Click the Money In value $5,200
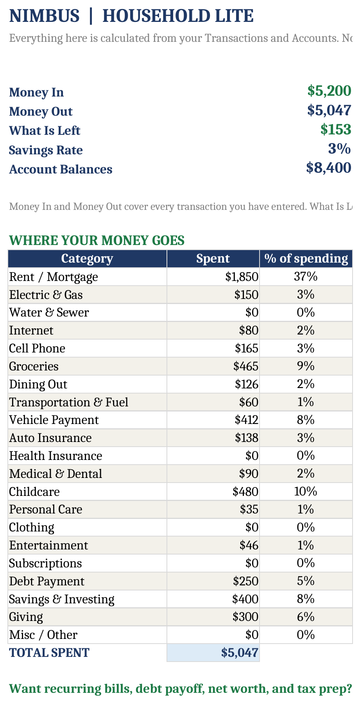(329, 91)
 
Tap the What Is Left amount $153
(336, 129)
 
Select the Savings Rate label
(46, 150)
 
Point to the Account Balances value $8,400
(329, 168)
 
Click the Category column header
(87, 259)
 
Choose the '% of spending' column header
(306, 259)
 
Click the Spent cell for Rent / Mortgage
(242, 277)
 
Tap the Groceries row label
(34, 367)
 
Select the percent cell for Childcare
(306, 492)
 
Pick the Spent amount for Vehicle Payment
(247, 420)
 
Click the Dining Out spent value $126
(247, 385)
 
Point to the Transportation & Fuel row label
(69, 402)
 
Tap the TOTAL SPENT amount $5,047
(240, 653)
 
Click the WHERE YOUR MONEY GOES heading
(97, 240)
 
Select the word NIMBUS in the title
(44, 16)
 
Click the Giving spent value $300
(245, 617)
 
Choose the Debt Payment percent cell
(306, 581)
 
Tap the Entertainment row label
(48, 546)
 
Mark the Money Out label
(41, 112)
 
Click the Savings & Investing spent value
(245, 599)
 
